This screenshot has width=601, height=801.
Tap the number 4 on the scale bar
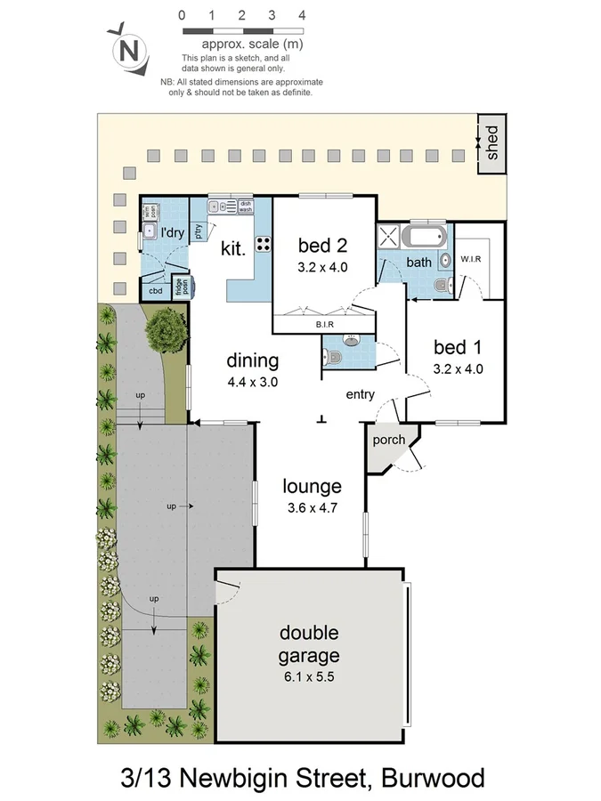pos(302,15)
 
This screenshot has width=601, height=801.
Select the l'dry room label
pos(172,232)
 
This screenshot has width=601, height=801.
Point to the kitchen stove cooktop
pos(264,243)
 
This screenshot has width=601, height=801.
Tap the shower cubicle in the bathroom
pos(389,237)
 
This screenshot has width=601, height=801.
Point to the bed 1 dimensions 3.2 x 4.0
pos(459,368)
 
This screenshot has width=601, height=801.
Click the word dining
pos(253,360)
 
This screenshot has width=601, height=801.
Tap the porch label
pos(389,440)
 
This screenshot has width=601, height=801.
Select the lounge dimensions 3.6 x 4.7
pos(312,508)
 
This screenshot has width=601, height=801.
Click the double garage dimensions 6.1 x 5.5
pos(309,676)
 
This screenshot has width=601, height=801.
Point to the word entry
pos(361,395)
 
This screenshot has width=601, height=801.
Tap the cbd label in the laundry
pos(155,290)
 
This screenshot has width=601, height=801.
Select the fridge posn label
pos(180,287)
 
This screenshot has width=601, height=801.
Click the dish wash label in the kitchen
pos(246,206)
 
